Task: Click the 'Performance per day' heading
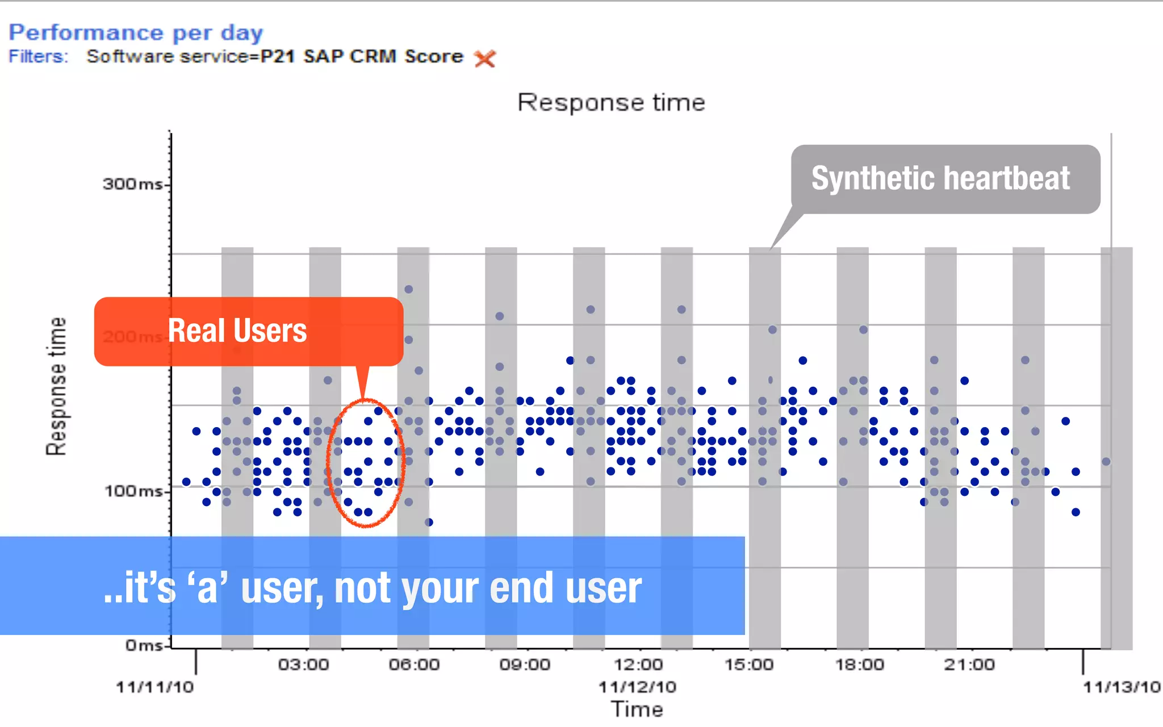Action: coord(136,33)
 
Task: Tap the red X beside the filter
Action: coord(485,58)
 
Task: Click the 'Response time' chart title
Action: coord(611,103)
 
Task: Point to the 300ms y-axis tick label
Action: coord(133,184)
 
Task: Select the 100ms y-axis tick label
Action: coord(134,491)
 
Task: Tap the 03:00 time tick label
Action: coord(303,665)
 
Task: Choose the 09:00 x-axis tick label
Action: coord(525,665)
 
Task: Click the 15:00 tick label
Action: coord(748,665)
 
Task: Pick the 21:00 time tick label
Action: coord(969,665)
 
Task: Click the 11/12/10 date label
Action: coord(637,687)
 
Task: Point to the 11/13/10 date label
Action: coord(1121,687)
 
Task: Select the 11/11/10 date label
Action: coord(154,687)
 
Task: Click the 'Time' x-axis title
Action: coord(637,709)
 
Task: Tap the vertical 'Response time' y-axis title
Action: coord(56,386)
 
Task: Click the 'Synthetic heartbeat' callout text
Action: coord(940,178)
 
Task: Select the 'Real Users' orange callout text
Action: coord(237,331)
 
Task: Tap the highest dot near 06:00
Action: coord(408,289)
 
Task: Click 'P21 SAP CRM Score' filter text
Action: coord(362,57)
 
